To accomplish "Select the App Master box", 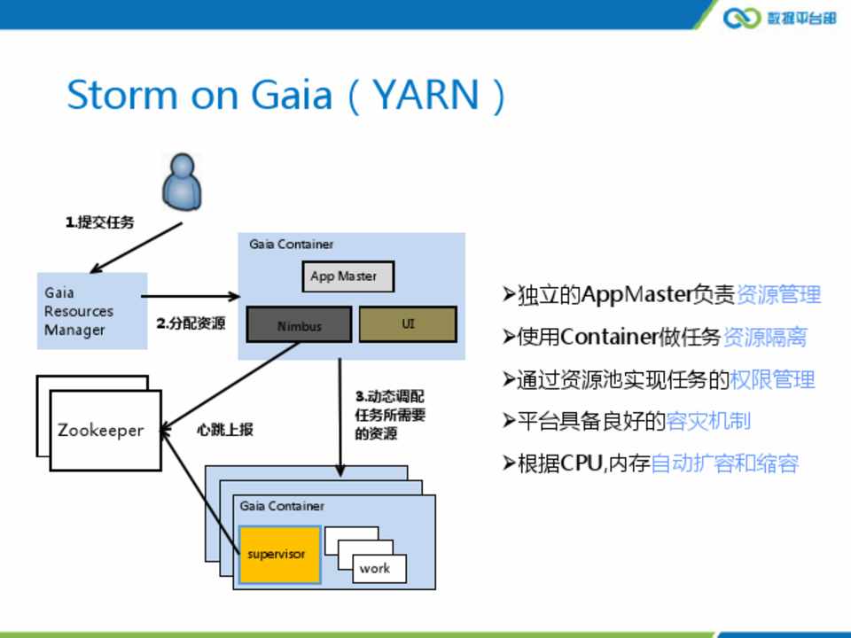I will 347,277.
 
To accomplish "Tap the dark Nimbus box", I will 299,325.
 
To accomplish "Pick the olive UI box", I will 408,324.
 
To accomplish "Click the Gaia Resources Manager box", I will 91,311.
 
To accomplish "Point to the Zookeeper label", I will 100,431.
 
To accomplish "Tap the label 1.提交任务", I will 99,223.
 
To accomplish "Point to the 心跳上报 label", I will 225,430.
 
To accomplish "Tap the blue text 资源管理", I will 778,295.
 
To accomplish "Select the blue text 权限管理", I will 772,379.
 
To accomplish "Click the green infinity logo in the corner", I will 741,18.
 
